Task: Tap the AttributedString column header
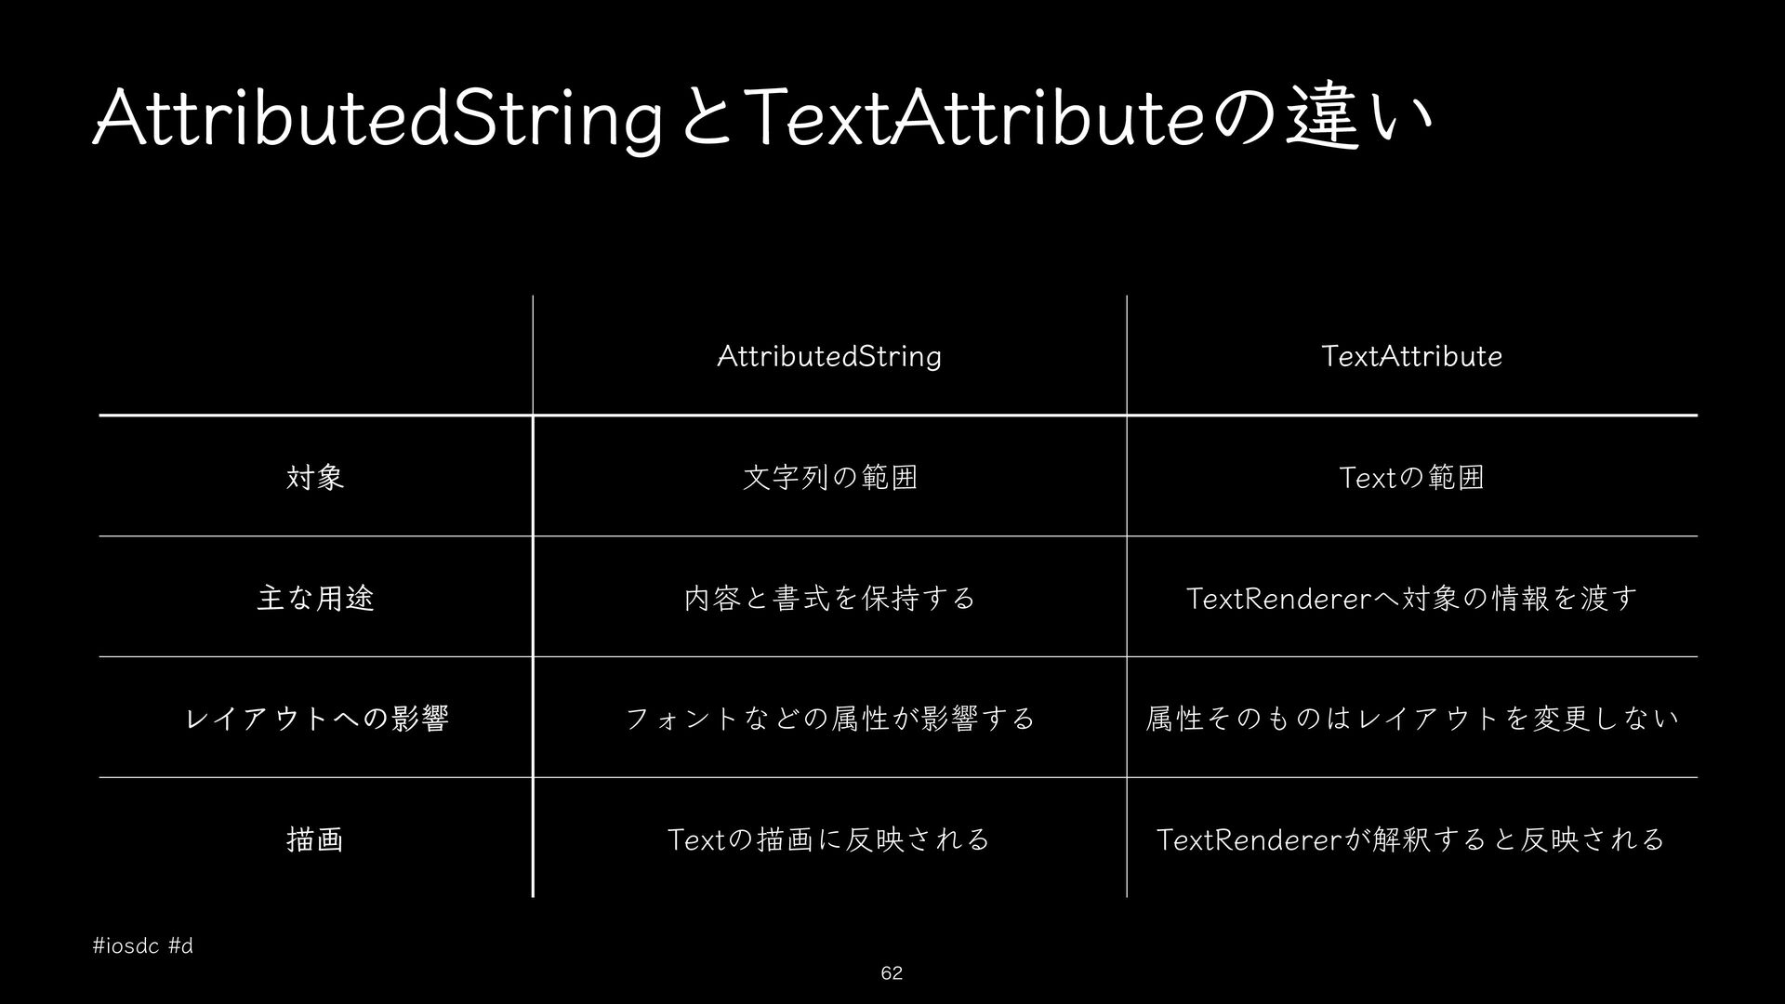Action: click(x=829, y=356)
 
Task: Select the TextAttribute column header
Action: click(x=1411, y=356)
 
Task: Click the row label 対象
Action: click(x=315, y=477)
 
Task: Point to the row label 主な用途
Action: click(x=315, y=598)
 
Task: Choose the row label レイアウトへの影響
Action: click(x=317, y=719)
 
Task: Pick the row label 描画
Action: click(x=315, y=839)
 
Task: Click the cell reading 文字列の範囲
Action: click(x=830, y=477)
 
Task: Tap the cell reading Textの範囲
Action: click(x=1411, y=477)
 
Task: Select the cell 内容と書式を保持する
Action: click(x=829, y=598)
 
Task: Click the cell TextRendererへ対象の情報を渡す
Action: click(x=1411, y=598)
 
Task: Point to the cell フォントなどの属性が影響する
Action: click(x=829, y=719)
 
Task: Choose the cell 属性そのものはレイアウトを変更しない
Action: click(x=1412, y=719)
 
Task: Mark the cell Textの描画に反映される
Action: click(x=829, y=839)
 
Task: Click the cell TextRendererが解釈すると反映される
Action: click(x=1411, y=839)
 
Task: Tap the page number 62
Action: click(x=892, y=973)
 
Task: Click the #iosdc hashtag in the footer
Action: click(x=127, y=947)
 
